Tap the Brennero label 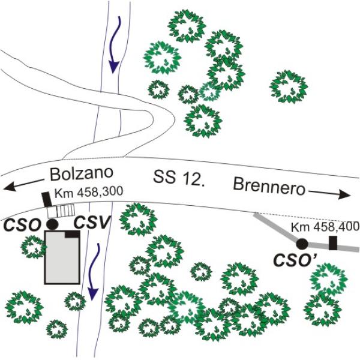pos(269,187)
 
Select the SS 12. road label pos(179,177)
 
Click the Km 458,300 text pos(89,192)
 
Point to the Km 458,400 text pos(325,227)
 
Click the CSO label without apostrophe pos(22,225)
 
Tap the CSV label pos(91,222)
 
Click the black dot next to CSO pos(52,224)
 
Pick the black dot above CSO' pos(302,244)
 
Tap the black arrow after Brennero pos(329,194)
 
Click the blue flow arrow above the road pos(115,45)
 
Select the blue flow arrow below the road pos(94,272)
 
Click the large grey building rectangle pos(62,257)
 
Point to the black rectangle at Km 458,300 pos(47,199)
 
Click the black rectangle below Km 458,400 pos(333,243)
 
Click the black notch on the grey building pos(73,234)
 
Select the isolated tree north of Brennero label pos(289,87)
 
